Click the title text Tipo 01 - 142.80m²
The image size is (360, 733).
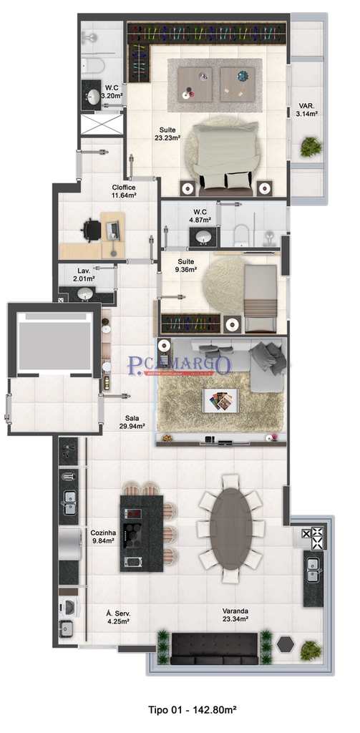[192, 710]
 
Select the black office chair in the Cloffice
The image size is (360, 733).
[91, 230]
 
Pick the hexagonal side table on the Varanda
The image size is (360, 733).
[286, 643]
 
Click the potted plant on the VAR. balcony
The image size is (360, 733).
[311, 147]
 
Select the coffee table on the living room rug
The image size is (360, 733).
[220, 400]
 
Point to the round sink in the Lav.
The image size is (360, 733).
[85, 293]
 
